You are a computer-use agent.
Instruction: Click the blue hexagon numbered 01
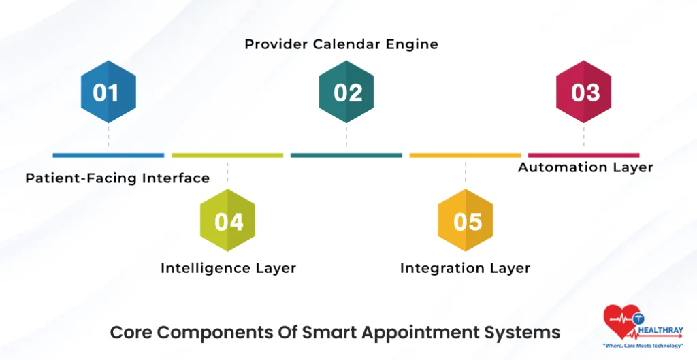click(108, 92)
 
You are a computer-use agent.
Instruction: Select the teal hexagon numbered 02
click(346, 92)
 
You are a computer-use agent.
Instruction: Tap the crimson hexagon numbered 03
click(583, 92)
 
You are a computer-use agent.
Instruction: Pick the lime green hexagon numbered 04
click(227, 220)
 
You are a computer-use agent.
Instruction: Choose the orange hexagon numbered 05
click(466, 220)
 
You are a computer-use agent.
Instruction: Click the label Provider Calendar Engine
click(341, 44)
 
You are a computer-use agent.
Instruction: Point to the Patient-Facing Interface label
click(117, 178)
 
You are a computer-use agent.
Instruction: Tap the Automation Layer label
click(585, 167)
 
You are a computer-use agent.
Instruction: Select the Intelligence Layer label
click(228, 268)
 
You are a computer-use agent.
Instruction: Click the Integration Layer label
click(465, 268)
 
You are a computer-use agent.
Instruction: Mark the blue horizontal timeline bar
click(108, 155)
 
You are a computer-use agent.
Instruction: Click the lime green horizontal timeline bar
click(227, 155)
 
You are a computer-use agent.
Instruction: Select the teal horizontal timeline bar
click(346, 155)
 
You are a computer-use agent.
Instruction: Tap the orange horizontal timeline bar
click(465, 155)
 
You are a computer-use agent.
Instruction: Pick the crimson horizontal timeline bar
click(583, 155)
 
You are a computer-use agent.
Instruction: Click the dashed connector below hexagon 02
click(346, 135)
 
